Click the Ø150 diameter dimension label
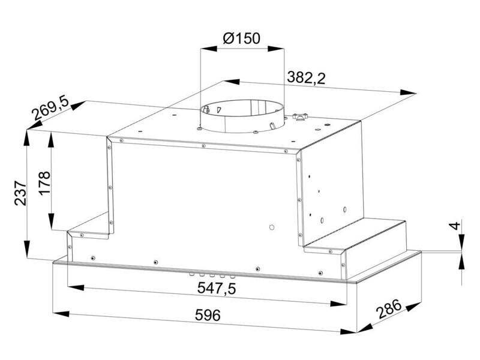click(x=242, y=38)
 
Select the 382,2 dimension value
click(x=306, y=78)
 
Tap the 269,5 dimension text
click(x=50, y=109)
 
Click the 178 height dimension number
click(x=44, y=182)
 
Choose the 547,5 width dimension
click(x=217, y=288)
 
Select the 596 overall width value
click(x=208, y=315)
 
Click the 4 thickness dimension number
click(x=455, y=226)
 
